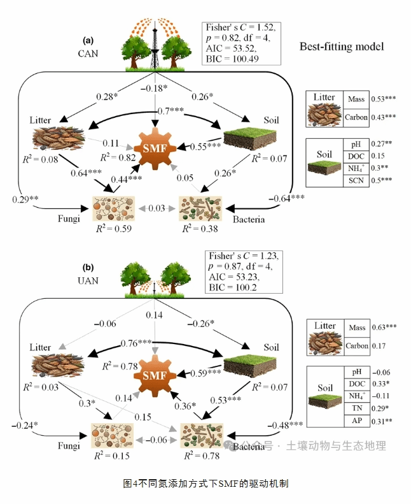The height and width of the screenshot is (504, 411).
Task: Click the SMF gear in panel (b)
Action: click(156, 375)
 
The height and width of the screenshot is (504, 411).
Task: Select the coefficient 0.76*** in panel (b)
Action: click(137, 343)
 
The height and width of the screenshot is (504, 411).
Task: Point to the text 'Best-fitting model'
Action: click(342, 47)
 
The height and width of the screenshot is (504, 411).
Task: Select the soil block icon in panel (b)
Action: click(246, 365)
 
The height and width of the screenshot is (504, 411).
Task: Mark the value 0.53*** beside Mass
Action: click(384, 99)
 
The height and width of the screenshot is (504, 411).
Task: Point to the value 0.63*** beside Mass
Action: click(384, 328)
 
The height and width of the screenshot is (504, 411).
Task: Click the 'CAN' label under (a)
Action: click(88, 54)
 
